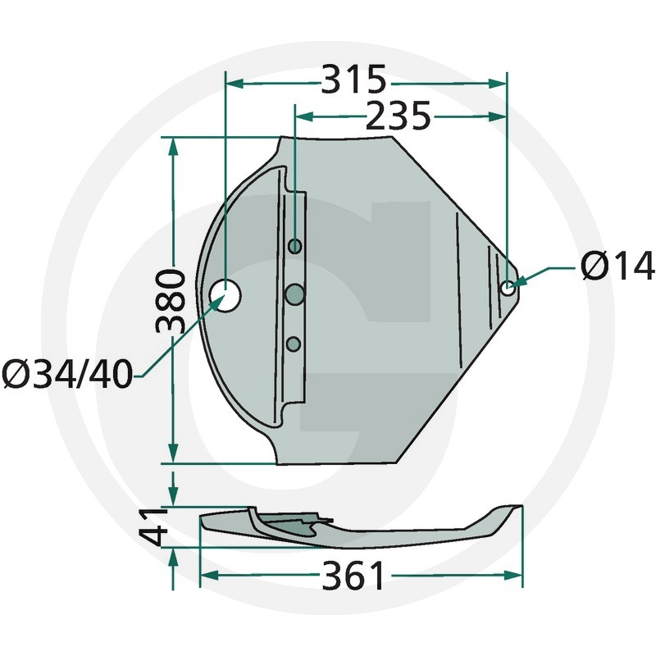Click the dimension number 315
pyautogui.click(x=353, y=79)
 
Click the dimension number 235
pyautogui.click(x=399, y=116)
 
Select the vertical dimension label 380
pyautogui.click(x=171, y=301)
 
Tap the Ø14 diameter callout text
pyautogui.click(x=617, y=265)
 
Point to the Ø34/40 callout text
pyautogui.click(x=67, y=375)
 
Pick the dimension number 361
pyautogui.click(x=353, y=576)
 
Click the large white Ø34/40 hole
pyautogui.click(x=225, y=295)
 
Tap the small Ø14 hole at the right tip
pyautogui.click(x=508, y=288)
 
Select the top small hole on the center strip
pyautogui.click(x=295, y=246)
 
